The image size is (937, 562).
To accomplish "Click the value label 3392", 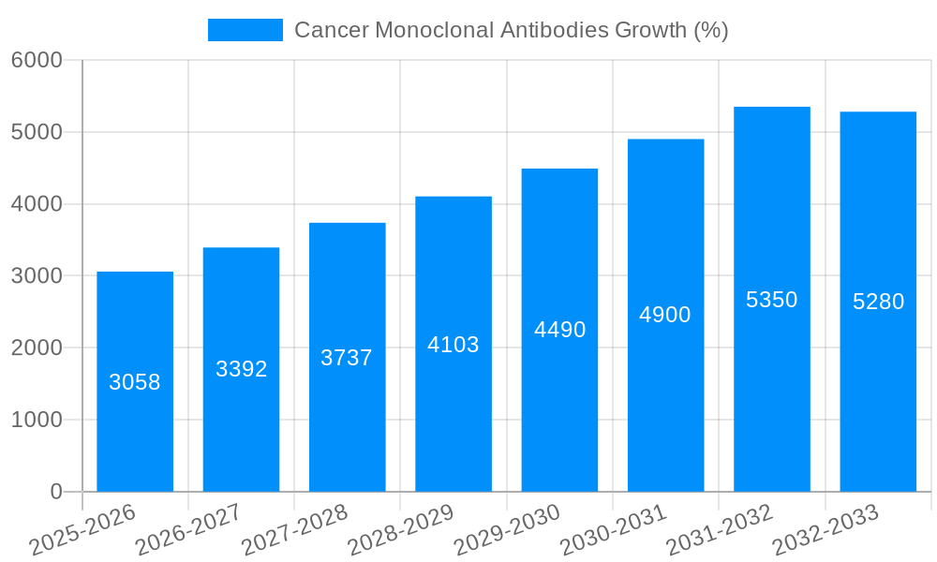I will (242, 369).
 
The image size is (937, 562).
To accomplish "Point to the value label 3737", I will (347, 358).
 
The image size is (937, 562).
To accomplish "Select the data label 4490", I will (559, 330).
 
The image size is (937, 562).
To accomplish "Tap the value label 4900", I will (665, 315).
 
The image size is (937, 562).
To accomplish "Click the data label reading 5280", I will (878, 302).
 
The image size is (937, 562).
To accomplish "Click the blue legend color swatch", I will (245, 30).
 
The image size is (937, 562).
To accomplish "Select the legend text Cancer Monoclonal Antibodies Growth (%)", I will (512, 30).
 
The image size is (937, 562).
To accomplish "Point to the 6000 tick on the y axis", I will (37, 61).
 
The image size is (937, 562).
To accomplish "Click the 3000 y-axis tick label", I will (37, 276).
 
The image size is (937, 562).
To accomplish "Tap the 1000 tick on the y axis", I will (37, 421).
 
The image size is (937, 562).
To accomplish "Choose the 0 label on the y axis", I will (55, 492).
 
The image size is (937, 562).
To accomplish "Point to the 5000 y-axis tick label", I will (37, 133).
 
